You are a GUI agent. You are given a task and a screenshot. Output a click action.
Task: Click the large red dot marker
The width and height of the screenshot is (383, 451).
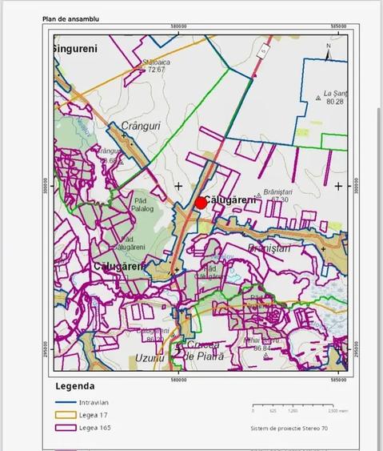201,203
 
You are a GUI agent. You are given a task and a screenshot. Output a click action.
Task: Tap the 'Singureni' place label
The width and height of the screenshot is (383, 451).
75,49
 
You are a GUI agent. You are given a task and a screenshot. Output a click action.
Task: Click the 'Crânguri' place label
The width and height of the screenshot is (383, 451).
125,126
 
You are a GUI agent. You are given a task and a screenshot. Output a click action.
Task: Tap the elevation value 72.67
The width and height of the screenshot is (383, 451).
156,70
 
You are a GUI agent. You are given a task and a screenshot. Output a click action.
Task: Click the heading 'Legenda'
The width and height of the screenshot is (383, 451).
74,385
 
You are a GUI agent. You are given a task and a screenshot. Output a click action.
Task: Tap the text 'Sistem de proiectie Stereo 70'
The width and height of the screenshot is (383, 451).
288,429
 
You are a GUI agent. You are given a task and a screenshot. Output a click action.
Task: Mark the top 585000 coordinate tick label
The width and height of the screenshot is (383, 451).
339,27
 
